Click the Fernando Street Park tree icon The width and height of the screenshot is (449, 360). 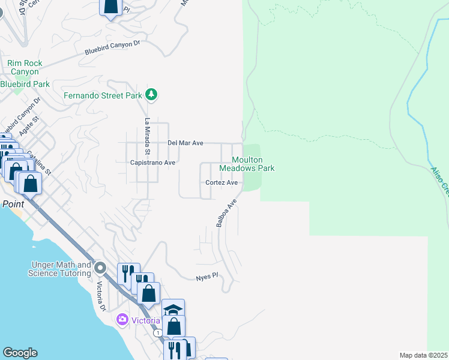pyautogui.click(x=152, y=95)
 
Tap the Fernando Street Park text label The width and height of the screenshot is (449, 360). pyautogui.click(x=103, y=95)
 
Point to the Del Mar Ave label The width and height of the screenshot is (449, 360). pyautogui.click(x=185, y=143)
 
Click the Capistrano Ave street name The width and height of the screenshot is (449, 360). pyautogui.click(x=152, y=163)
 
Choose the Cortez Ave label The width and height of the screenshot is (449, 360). pyautogui.click(x=221, y=182)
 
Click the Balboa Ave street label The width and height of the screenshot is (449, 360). pyautogui.click(x=223, y=213)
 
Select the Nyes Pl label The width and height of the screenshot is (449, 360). pyautogui.click(x=205, y=278)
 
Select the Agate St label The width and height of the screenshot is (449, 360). pyautogui.click(x=28, y=125)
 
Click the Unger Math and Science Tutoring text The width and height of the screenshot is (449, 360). pyautogui.click(x=59, y=269)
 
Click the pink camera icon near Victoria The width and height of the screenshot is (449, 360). pyautogui.click(x=123, y=319)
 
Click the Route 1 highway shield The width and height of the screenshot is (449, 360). pyautogui.click(x=157, y=332)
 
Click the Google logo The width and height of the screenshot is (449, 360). pyautogui.click(x=20, y=353)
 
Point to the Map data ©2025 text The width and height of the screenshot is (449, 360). pyautogui.click(x=423, y=355)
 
